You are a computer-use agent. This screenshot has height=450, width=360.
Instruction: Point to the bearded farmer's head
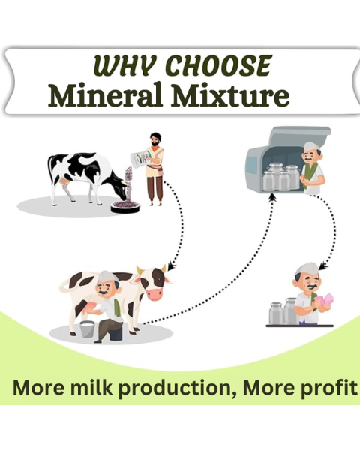154,140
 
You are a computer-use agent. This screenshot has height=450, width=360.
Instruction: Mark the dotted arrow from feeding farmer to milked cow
178,225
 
